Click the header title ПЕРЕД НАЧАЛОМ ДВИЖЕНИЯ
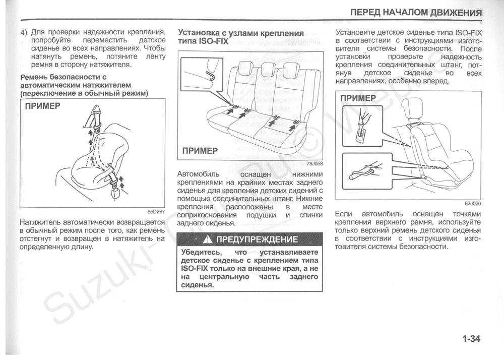pyautogui.click(x=415, y=12)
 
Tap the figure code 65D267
pyautogui.click(x=156, y=212)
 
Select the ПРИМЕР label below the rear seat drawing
pyautogui.click(x=200, y=150)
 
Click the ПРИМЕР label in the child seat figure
pyautogui.click(x=358, y=98)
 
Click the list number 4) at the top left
pyautogui.click(x=24, y=32)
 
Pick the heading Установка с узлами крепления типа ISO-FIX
pyautogui.click(x=241, y=37)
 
